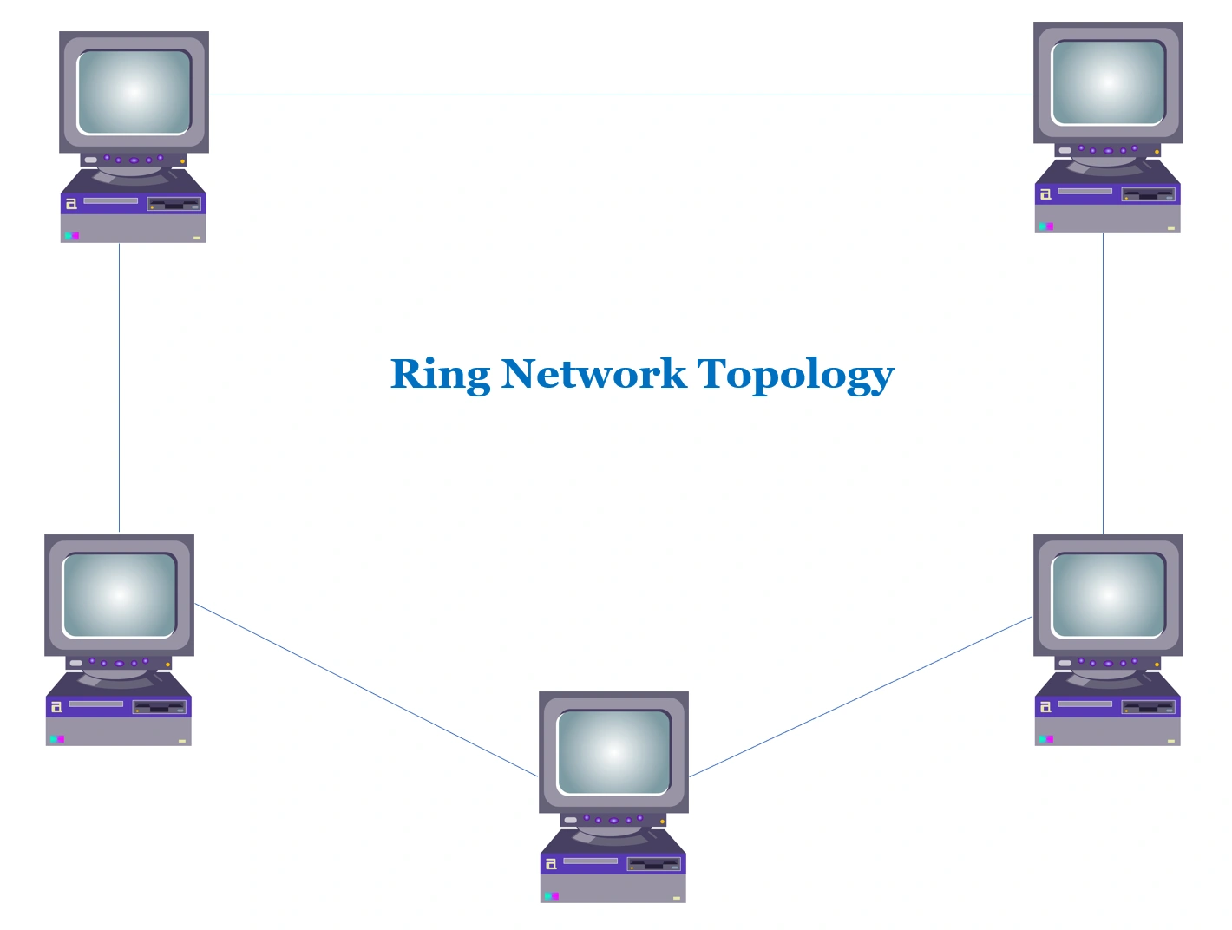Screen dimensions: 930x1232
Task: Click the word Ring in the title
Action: pyautogui.click(x=440, y=374)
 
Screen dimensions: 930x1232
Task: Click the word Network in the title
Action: pyautogui.click(x=593, y=374)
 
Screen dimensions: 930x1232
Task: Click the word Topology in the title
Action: pyautogui.click(x=795, y=374)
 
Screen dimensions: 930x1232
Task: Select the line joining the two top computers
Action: pyautogui.click(x=620, y=95)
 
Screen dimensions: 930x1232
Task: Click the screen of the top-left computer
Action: pyautogui.click(x=134, y=92)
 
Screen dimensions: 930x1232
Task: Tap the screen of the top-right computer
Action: pyautogui.click(x=1108, y=82)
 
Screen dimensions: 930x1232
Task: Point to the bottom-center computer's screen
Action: pyautogui.click(x=613, y=752)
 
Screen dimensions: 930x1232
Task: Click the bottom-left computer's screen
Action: pyautogui.click(x=119, y=595)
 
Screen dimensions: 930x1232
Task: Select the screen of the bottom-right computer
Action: pyautogui.click(x=1108, y=595)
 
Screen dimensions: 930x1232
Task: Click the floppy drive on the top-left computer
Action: pyautogui.click(x=174, y=205)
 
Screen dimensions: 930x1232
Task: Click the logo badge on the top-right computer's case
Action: pyautogui.click(x=1045, y=194)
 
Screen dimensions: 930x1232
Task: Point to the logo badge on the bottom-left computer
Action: pyautogui.click(x=56, y=707)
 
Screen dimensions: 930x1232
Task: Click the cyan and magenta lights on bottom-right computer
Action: pyautogui.click(x=1045, y=739)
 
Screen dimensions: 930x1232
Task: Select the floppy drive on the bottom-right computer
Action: pyautogui.click(x=1148, y=708)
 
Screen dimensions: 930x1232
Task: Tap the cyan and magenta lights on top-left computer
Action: pyautogui.click(x=71, y=235)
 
